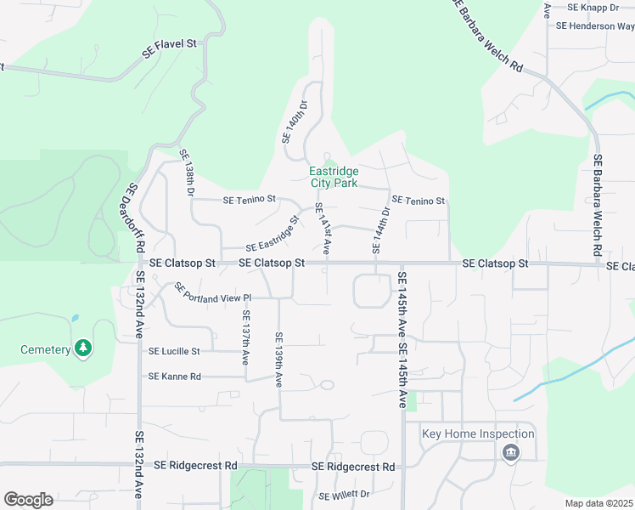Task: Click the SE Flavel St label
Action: point(169,49)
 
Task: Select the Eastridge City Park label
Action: point(334,177)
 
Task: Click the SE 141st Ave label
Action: point(322,226)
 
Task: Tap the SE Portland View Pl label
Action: point(213,293)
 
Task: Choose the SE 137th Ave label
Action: point(244,337)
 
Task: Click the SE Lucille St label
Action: point(174,351)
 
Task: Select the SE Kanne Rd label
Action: point(174,376)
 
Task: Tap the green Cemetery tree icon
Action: point(82,348)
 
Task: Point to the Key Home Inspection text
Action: point(478,433)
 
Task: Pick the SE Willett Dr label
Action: point(345,495)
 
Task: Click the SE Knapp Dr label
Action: point(593,8)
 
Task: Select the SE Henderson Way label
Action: point(595,26)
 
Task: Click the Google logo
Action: point(28,500)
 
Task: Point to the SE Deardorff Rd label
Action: point(133,218)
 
